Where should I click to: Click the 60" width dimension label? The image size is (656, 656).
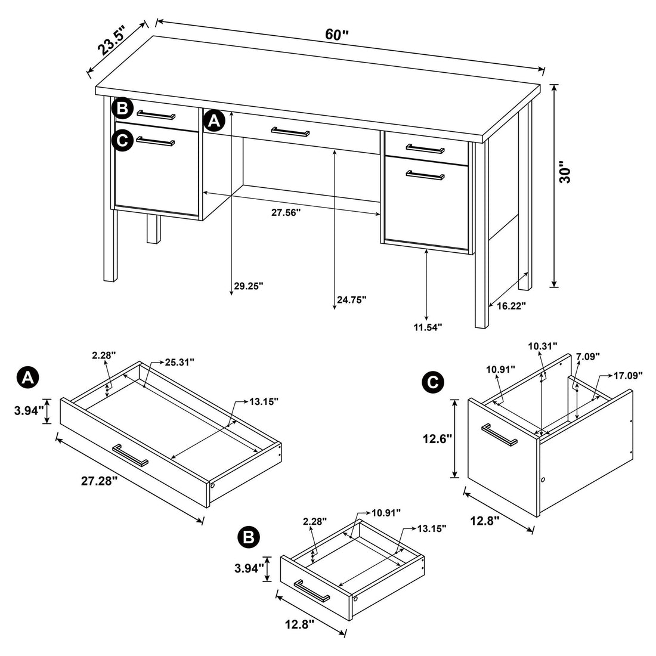tap(336, 35)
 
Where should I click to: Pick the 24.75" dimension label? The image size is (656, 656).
tap(351, 300)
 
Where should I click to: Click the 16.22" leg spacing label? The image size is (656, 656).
tap(510, 306)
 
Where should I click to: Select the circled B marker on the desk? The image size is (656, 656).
tap(122, 109)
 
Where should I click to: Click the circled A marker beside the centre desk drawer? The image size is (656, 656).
tap(213, 121)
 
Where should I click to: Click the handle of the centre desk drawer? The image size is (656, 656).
tap(290, 131)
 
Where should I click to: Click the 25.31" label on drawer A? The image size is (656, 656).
tap(180, 362)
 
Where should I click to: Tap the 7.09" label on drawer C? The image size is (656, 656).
tap(588, 357)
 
